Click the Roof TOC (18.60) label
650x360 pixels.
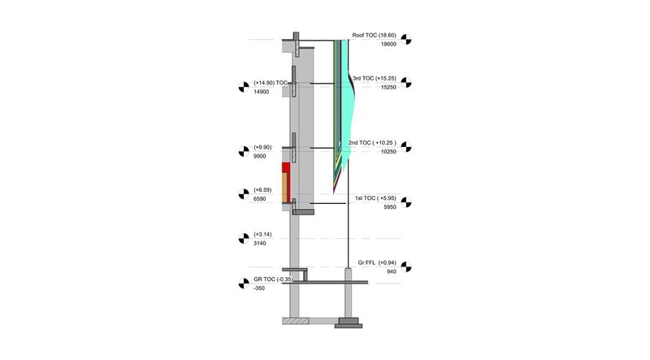374,35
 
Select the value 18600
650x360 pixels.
388,44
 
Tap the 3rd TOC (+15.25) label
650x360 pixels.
375,78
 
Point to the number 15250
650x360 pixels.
388,87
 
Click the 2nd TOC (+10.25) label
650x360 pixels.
372,143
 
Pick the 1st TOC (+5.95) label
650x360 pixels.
375,198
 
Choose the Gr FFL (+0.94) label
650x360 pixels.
377,262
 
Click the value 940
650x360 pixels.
392,271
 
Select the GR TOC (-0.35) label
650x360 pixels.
273,279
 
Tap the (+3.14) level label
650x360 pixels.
262,234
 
